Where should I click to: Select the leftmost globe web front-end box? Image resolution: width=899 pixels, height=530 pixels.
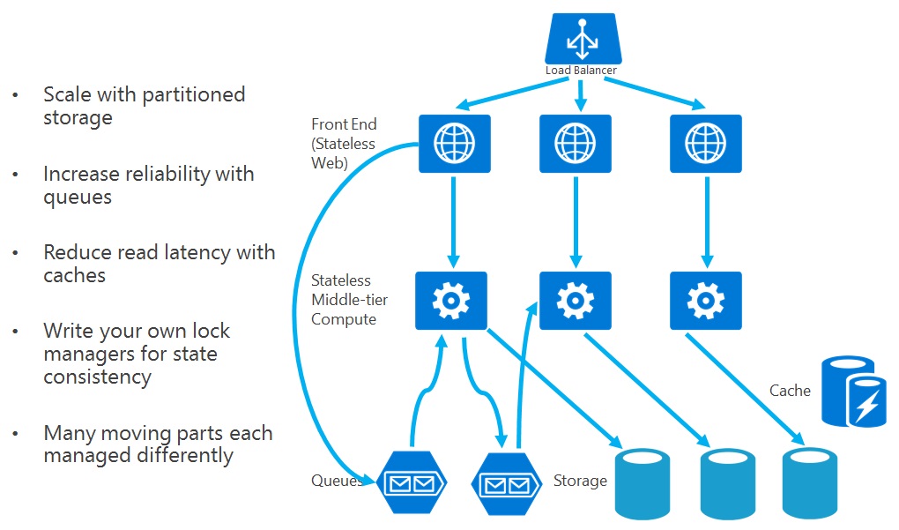(x=451, y=142)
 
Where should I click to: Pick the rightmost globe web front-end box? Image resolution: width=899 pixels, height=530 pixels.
(x=705, y=142)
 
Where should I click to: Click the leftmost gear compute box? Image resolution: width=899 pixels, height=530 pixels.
(x=451, y=301)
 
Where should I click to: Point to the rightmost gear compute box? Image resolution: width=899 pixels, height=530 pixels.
(x=705, y=301)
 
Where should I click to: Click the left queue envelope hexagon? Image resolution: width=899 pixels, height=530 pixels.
(x=412, y=483)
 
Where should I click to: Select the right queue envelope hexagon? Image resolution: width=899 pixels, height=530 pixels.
(x=507, y=483)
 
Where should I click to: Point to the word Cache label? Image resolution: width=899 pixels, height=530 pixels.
(x=790, y=390)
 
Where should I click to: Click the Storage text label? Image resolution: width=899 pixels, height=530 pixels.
(x=580, y=481)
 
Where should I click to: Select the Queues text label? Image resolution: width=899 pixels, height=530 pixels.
(x=336, y=481)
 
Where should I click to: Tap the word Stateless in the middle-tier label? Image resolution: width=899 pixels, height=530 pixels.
(x=340, y=280)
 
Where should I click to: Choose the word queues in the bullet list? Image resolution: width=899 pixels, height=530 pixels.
(x=78, y=197)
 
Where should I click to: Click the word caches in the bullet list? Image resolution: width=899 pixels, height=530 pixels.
(x=74, y=275)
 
